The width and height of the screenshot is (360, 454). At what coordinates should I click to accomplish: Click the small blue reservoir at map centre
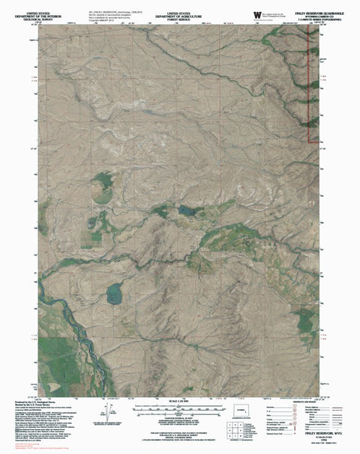[x=184, y=212]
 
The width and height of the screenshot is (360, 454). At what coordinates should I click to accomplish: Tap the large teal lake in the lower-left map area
[x=114, y=294]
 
